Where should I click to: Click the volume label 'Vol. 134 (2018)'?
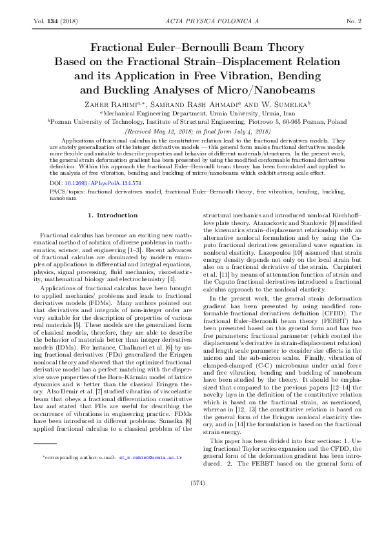pyautogui.click(x=54, y=22)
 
